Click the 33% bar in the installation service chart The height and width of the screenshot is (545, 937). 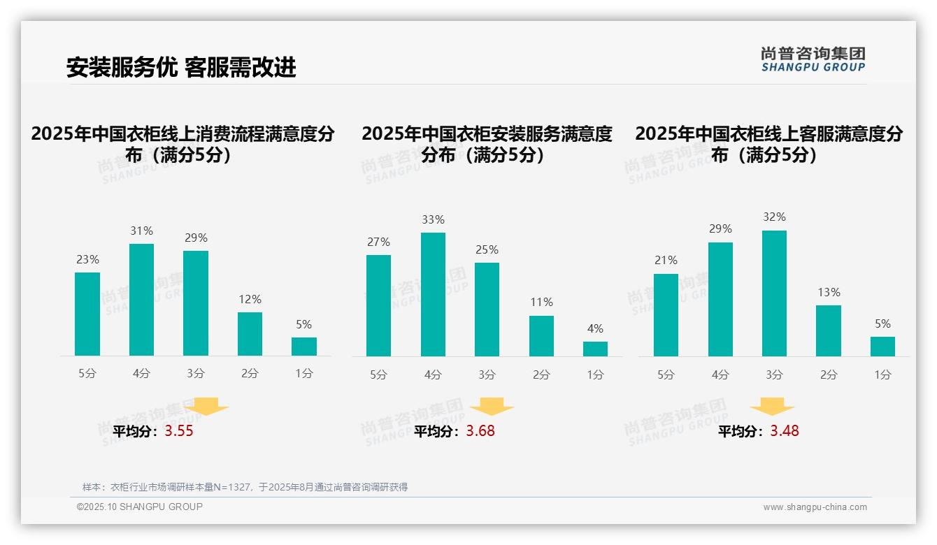coord(433,294)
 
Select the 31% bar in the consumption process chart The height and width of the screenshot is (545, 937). coord(141,300)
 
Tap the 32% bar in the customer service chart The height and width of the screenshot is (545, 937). coord(774,293)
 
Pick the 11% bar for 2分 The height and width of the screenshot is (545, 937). coord(541,336)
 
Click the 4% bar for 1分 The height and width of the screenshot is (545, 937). coord(595,349)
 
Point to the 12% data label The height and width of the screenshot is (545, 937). coord(250,299)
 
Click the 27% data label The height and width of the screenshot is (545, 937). coord(378,242)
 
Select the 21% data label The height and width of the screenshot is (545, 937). coord(666,260)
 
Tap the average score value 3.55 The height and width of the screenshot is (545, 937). coord(179,431)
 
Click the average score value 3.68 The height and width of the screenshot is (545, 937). coord(480,431)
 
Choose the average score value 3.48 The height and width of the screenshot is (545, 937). coord(785,431)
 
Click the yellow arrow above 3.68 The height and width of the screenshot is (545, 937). coord(492,407)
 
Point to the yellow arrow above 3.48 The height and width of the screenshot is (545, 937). coord(772,407)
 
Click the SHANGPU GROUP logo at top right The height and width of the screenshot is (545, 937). coord(813,59)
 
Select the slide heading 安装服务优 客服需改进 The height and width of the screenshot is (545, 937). coord(181,67)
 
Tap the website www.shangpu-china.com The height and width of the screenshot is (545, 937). coord(815,507)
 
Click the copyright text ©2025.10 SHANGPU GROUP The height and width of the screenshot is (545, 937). coord(140,507)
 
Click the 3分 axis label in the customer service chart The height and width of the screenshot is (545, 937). coord(774,375)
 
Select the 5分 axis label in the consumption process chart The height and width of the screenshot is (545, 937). coord(87,374)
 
